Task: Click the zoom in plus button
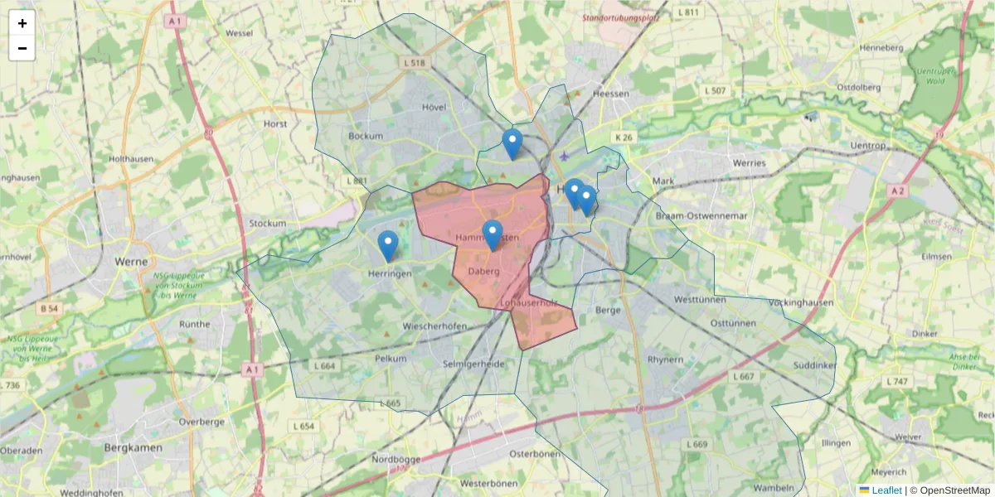tap(22, 23)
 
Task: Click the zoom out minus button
tap(22, 48)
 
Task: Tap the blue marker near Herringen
tap(387, 245)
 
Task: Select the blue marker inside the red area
tap(493, 235)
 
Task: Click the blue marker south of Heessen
tap(512, 143)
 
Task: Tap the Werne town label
tap(131, 261)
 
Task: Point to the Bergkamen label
tap(133, 447)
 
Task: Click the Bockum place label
tap(366, 136)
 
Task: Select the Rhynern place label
tap(665, 359)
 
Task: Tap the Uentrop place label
tap(868, 146)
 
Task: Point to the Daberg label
tap(483, 271)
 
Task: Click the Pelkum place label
tap(391, 359)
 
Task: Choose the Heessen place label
tap(611, 94)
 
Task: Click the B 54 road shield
tap(51, 309)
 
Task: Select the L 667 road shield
tap(744, 376)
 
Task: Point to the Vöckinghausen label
tap(801, 303)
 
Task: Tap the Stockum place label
tap(267, 224)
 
